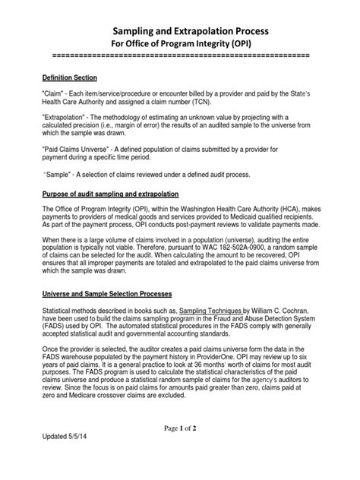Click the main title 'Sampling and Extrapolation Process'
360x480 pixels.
click(x=180, y=31)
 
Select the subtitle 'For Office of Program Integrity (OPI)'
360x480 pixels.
click(x=180, y=45)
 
